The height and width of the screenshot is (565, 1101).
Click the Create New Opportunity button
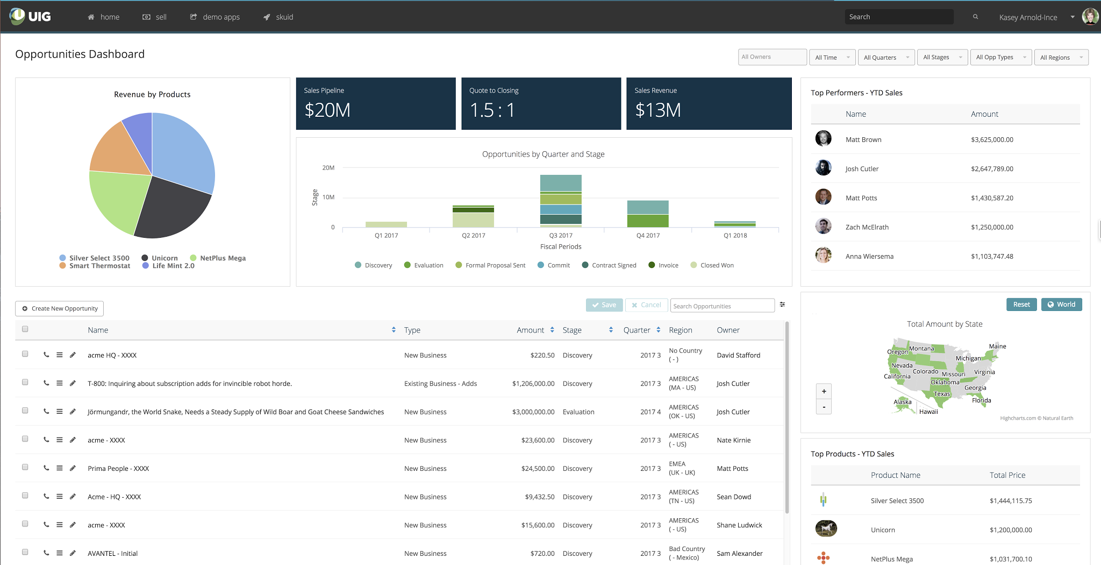[60, 308]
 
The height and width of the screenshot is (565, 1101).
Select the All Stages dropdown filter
[942, 58]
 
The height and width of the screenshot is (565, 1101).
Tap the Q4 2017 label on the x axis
[648, 236]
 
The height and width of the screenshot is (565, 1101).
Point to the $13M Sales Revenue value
[658, 110]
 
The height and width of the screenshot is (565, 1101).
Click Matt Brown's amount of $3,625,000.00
[992, 140]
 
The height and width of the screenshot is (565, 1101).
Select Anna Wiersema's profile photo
[823, 256]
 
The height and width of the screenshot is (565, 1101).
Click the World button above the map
[1061, 305]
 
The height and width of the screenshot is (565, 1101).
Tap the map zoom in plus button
[824, 391]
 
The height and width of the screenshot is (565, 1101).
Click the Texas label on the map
[941, 394]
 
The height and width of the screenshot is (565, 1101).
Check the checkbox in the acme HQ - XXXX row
[25, 354]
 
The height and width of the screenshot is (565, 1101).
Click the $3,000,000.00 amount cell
[533, 412]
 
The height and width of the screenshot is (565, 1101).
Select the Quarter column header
[637, 330]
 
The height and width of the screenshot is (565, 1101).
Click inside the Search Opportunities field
[722, 306]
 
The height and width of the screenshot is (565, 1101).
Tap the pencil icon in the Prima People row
[73, 468]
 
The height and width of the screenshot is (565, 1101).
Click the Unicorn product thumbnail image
[826, 529]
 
